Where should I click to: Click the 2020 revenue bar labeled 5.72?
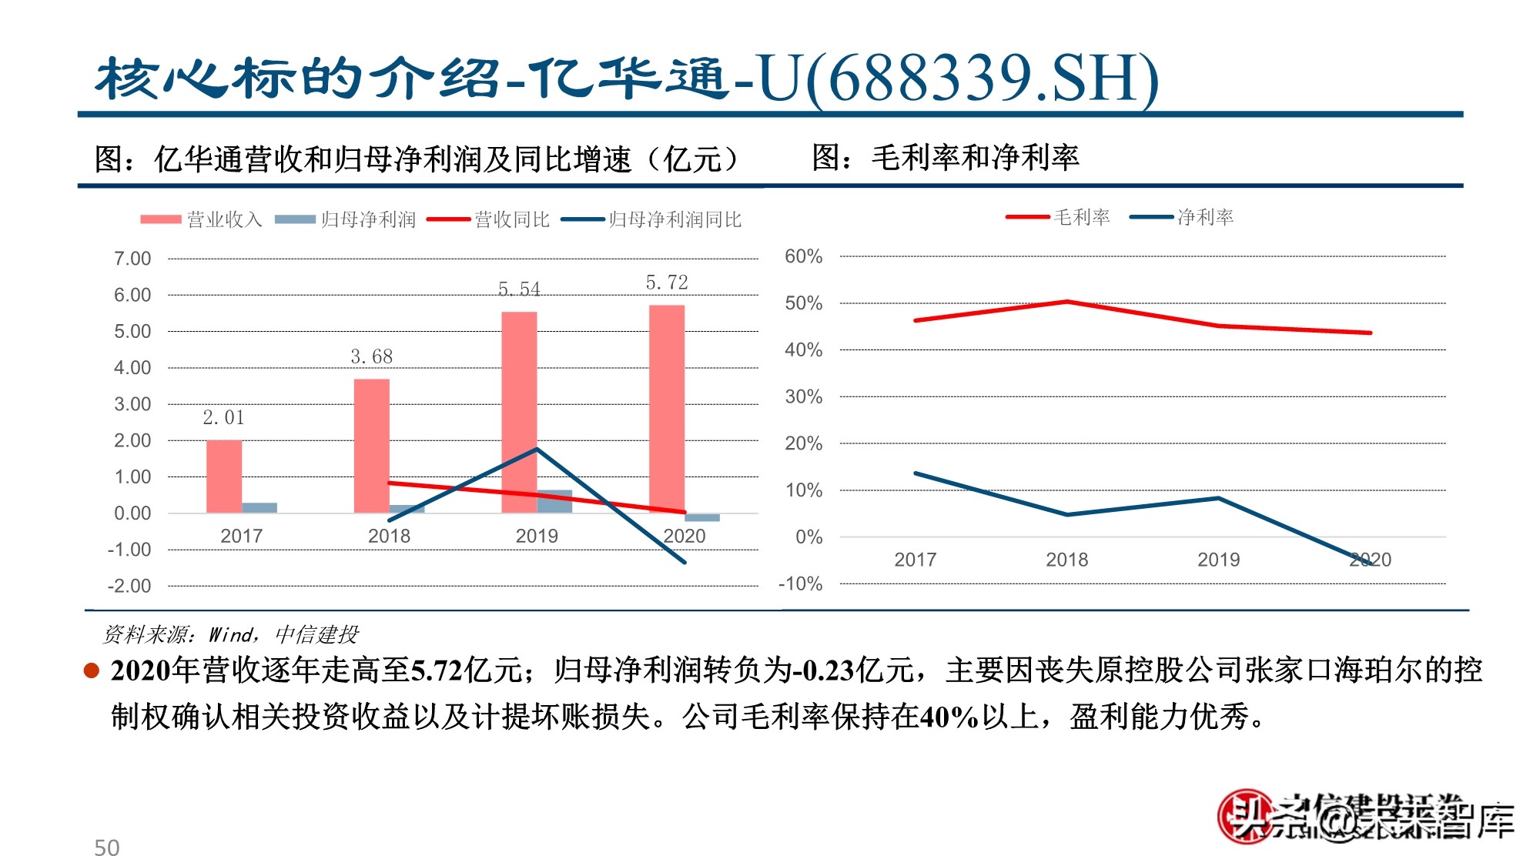[x=667, y=408]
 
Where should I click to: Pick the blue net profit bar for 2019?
[x=555, y=500]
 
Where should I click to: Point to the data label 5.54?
[x=519, y=289]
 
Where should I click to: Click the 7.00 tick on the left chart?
[x=132, y=259]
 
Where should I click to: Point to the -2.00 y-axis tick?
[x=129, y=586]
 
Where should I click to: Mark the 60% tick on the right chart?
[x=803, y=256]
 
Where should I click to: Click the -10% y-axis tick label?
[x=801, y=584]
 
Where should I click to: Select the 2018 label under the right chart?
[x=1066, y=560]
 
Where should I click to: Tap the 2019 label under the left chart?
[x=537, y=536]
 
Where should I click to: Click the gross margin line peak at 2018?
[x=1067, y=301]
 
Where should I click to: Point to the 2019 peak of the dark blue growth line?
[x=537, y=449]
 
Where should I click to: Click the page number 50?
[x=107, y=848]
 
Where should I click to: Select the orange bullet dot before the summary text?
[x=92, y=671]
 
